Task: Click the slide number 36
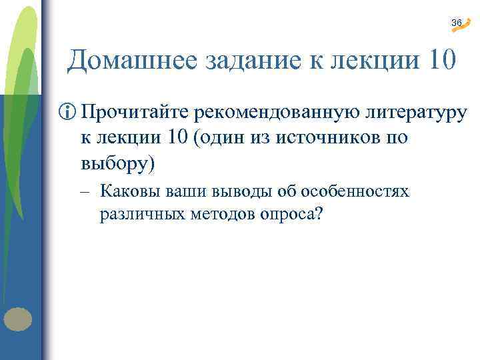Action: click(x=455, y=23)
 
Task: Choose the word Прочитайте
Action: click(x=134, y=113)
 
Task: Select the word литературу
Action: click(x=415, y=113)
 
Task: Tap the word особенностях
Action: click(x=355, y=193)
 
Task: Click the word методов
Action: click(x=213, y=215)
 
